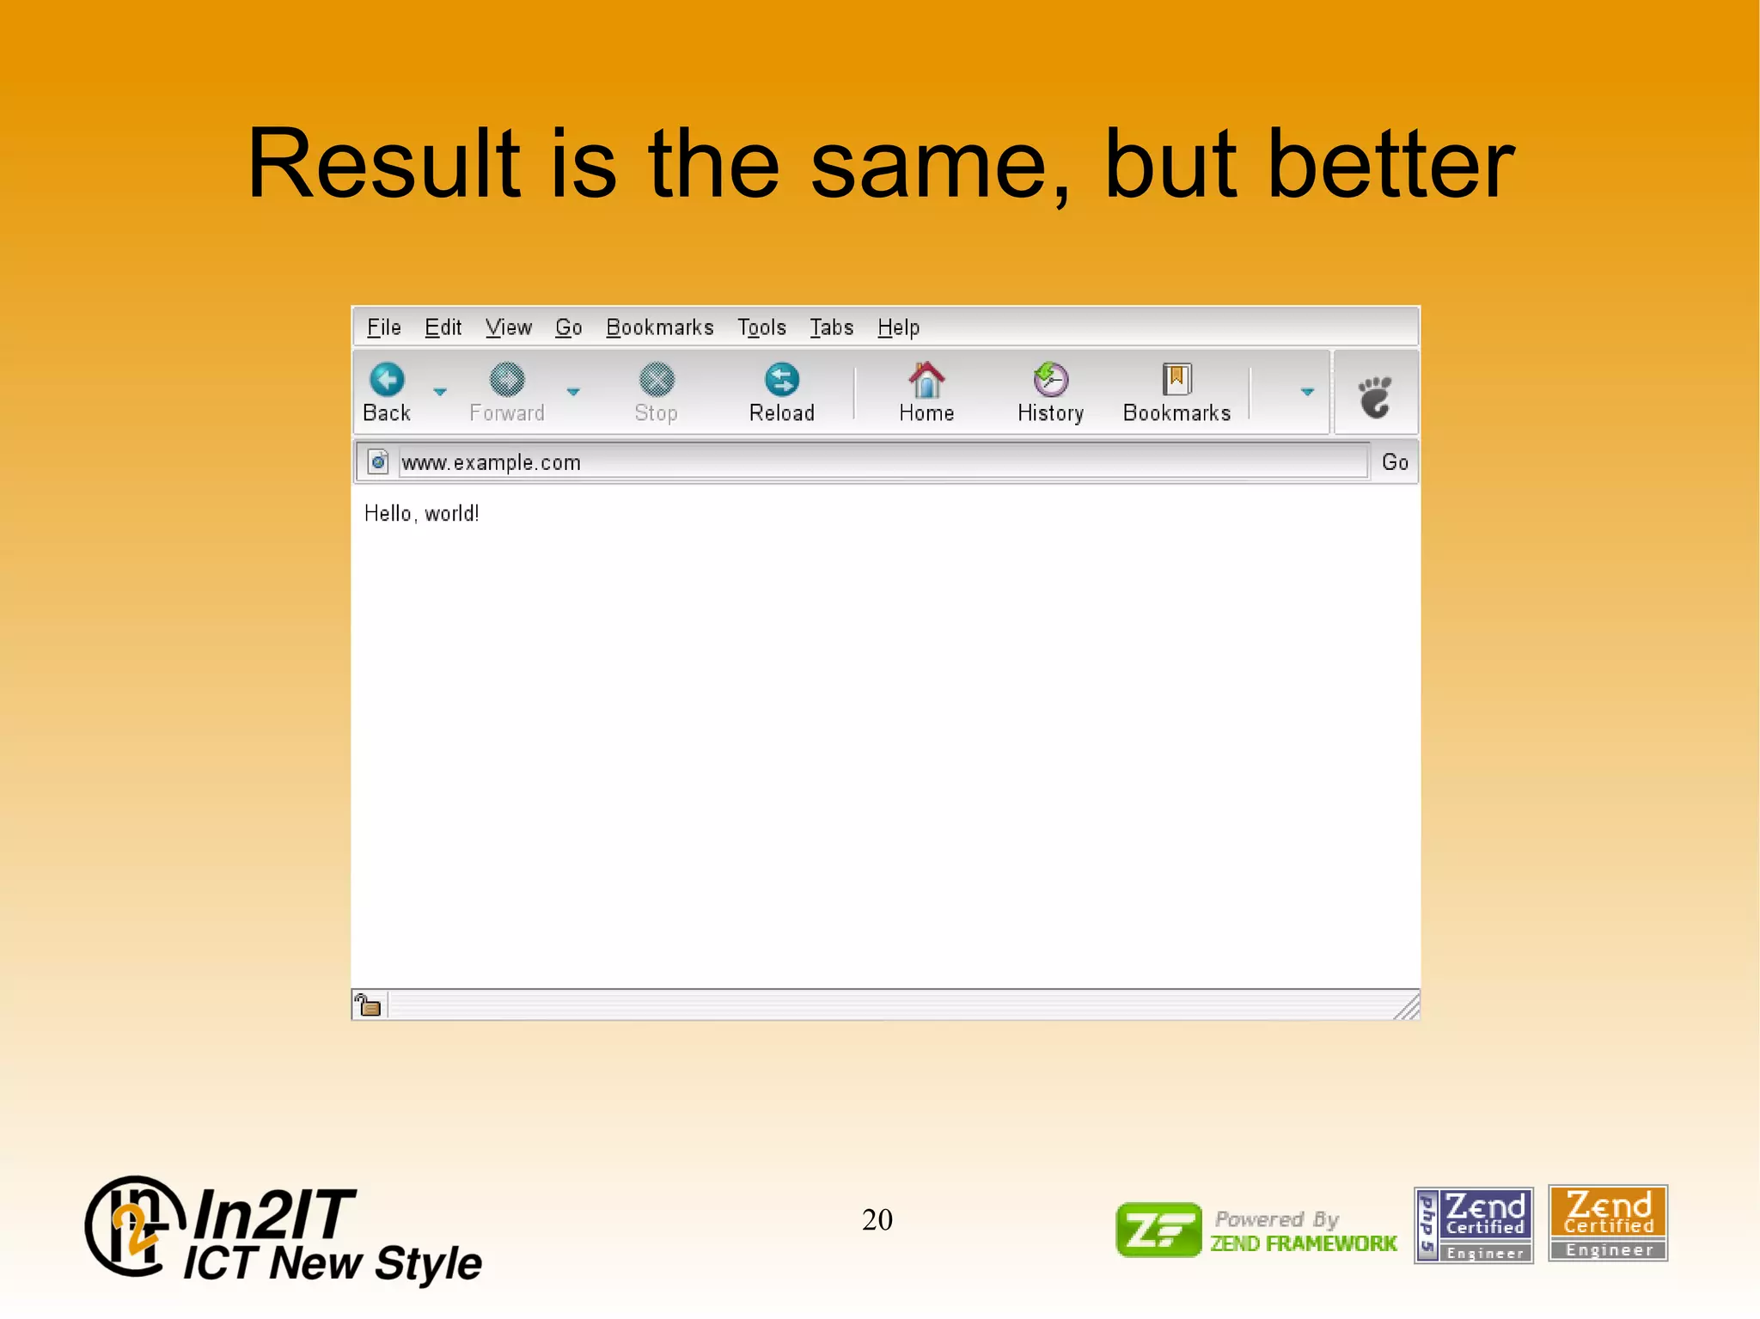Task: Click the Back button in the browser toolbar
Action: click(387, 392)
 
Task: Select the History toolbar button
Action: click(1050, 392)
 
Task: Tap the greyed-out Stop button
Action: click(657, 392)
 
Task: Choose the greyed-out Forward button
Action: click(507, 392)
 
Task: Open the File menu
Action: click(383, 327)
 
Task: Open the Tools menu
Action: click(761, 327)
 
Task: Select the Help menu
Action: click(898, 327)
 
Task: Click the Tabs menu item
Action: click(831, 327)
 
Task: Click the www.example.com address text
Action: click(492, 462)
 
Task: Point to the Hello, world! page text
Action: click(421, 514)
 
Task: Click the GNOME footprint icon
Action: click(1375, 396)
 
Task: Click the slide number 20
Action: click(877, 1219)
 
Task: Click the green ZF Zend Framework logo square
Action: click(1158, 1230)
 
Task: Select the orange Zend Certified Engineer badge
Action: click(1607, 1223)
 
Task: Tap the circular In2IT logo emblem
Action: click(133, 1226)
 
